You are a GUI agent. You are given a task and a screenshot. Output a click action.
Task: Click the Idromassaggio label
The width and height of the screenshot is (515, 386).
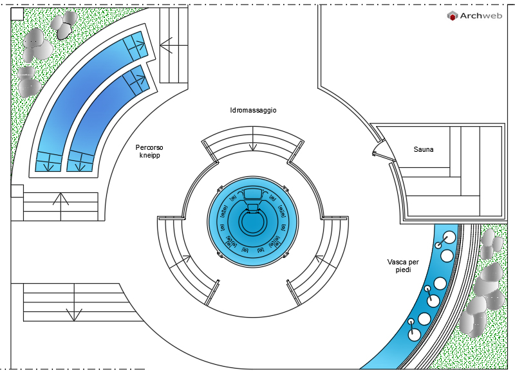(x=253, y=110)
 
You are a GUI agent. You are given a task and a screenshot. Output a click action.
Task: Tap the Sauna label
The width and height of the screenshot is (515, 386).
(x=424, y=149)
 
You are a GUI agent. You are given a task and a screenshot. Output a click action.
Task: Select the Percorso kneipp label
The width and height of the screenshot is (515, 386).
(x=149, y=151)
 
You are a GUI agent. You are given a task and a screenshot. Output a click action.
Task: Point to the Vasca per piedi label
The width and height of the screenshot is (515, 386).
(x=403, y=266)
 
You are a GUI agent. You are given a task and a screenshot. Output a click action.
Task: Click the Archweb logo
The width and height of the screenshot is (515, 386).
(x=474, y=15)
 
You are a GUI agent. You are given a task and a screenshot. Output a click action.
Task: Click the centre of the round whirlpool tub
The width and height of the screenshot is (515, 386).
(x=253, y=222)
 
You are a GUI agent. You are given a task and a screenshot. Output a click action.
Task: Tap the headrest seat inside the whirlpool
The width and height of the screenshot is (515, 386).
(x=252, y=194)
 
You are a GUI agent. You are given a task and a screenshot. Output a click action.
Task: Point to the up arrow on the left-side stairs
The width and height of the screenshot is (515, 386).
(x=61, y=207)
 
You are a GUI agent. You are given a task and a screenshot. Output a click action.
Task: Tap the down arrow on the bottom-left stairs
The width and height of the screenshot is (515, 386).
(x=74, y=302)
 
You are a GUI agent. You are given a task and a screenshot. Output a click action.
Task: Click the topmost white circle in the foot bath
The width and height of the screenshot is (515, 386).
(x=449, y=237)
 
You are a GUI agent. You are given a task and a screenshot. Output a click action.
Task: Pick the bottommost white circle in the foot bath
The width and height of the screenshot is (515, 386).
(x=414, y=335)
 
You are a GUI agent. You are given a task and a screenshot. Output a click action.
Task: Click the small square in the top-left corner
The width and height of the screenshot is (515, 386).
(x=17, y=14)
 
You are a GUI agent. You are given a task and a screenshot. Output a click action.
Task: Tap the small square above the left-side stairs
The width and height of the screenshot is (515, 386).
(x=17, y=191)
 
